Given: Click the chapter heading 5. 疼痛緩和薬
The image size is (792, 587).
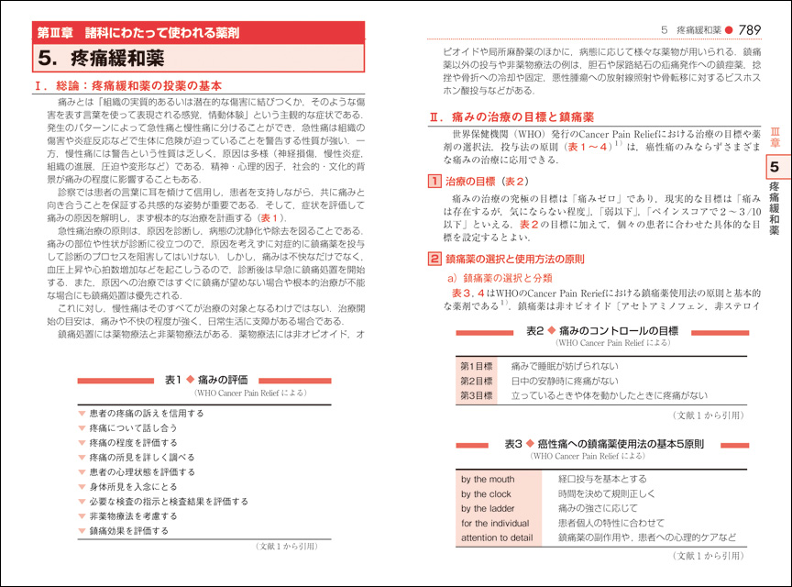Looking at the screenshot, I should (102, 60).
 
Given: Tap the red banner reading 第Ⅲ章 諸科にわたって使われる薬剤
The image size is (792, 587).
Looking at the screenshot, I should (137, 31).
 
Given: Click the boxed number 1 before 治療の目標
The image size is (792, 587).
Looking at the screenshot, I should (435, 181).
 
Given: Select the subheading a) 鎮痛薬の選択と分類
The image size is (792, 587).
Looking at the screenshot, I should (500, 277).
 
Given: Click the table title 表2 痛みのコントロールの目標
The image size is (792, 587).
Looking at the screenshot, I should (601, 330).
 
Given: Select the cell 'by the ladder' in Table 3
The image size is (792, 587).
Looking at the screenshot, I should (487, 508).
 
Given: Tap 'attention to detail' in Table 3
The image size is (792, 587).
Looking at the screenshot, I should (497, 537).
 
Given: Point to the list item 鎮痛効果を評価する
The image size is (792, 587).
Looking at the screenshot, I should (129, 530).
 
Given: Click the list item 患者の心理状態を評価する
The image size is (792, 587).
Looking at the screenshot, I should (142, 471).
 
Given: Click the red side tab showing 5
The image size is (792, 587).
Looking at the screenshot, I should (775, 167).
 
